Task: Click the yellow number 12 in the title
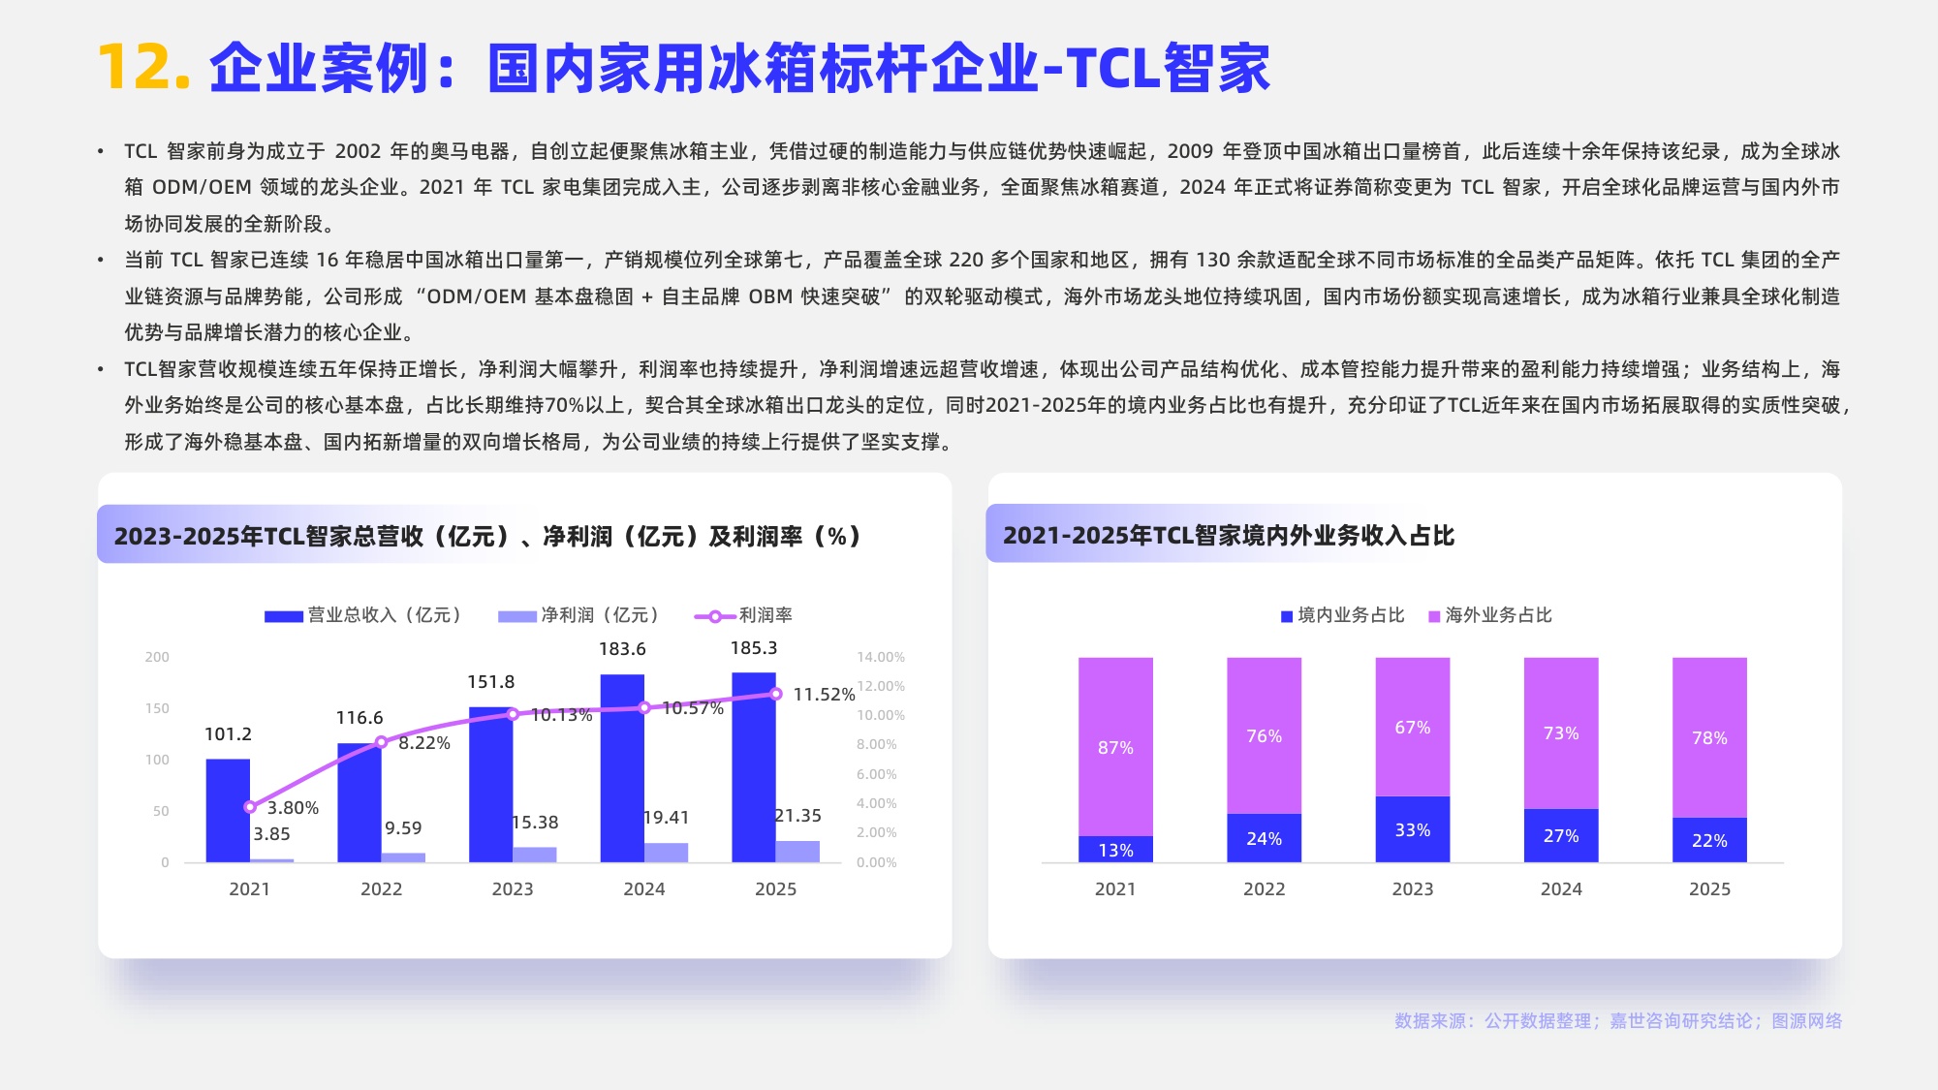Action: coord(143,68)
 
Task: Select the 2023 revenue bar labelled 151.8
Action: coord(490,785)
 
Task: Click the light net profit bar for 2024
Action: coord(666,853)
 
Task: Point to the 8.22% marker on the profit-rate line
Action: coord(381,742)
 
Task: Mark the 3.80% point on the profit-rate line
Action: coord(250,806)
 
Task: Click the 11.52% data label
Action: coord(824,695)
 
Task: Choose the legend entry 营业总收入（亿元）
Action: coord(363,615)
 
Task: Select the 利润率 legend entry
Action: coord(744,615)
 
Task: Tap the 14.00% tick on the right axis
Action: coord(880,657)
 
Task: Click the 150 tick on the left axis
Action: coord(157,708)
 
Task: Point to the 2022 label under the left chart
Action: coord(381,888)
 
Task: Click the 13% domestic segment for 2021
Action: coord(1115,850)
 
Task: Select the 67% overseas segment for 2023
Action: coord(1412,728)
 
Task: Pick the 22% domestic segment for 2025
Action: coord(1709,840)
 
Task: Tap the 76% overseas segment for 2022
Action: coord(1264,736)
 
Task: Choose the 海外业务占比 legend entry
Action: coord(1490,615)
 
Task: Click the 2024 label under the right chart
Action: coord(1561,888)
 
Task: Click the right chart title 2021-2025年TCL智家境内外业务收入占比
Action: coord(1228,536)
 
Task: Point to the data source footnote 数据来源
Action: coord(1617,1020)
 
